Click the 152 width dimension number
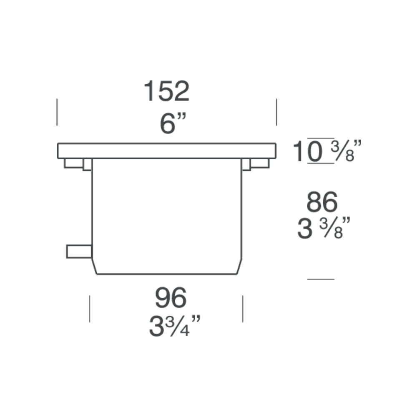click(166, 91)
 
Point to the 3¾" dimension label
click(175, 326)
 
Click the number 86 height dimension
click(322, 203)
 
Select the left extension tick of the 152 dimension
click(57, 112)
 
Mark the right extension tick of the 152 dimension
click(276, 112)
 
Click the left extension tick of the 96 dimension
click(89, 309)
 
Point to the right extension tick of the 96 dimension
click(243, 309)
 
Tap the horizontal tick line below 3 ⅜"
click(320, 279)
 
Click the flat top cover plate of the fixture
click(166, 151)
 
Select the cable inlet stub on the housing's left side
click(79, 251)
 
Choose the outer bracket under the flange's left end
click(73, 163)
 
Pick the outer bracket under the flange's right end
click(260, 163)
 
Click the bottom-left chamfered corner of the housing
click(95, 266)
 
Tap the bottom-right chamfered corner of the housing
click(239, 266)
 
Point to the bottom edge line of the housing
click(167, 274)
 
